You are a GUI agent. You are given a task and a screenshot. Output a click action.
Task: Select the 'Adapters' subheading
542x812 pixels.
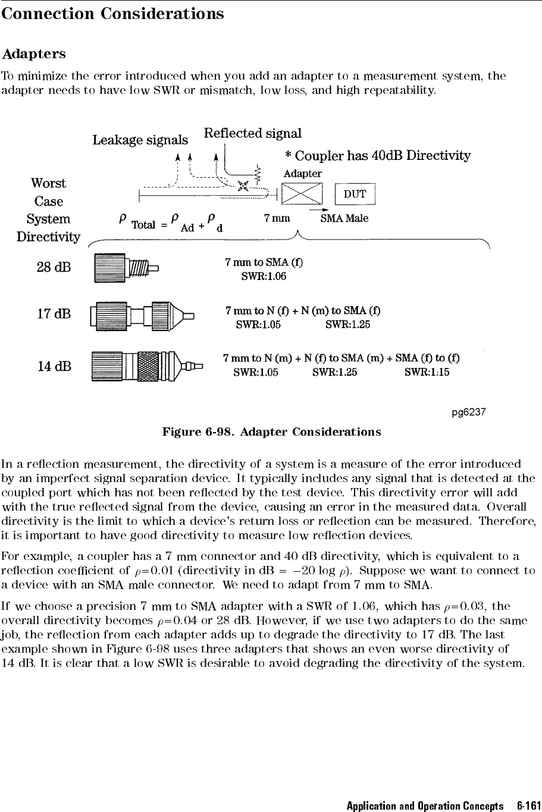tap(34, 54)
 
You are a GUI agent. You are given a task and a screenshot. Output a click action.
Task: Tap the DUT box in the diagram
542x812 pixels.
tap(355, 194)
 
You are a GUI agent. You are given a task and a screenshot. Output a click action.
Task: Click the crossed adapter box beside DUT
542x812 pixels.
tap(302, 194)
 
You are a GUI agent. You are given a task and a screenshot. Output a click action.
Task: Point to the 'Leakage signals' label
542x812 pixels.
tap(140, 140)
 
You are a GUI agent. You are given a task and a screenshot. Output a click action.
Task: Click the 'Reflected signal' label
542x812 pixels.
tap(253, 133)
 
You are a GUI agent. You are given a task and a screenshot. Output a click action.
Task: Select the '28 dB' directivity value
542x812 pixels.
tap(54, 267)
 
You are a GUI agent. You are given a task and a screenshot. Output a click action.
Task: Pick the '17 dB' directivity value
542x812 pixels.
tap(54, 313)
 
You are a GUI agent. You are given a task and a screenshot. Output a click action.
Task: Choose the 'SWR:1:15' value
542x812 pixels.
tap(427, 372)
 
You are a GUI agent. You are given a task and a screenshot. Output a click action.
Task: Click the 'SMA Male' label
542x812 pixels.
tap(344, 218)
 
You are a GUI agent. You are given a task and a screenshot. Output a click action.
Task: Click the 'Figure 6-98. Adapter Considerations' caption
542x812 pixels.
tap(271, 431)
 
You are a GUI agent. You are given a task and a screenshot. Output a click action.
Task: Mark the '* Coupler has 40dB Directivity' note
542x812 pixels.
tap(378, 156)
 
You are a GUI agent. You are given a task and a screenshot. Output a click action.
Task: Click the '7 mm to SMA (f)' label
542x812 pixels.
tap(264, 262)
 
